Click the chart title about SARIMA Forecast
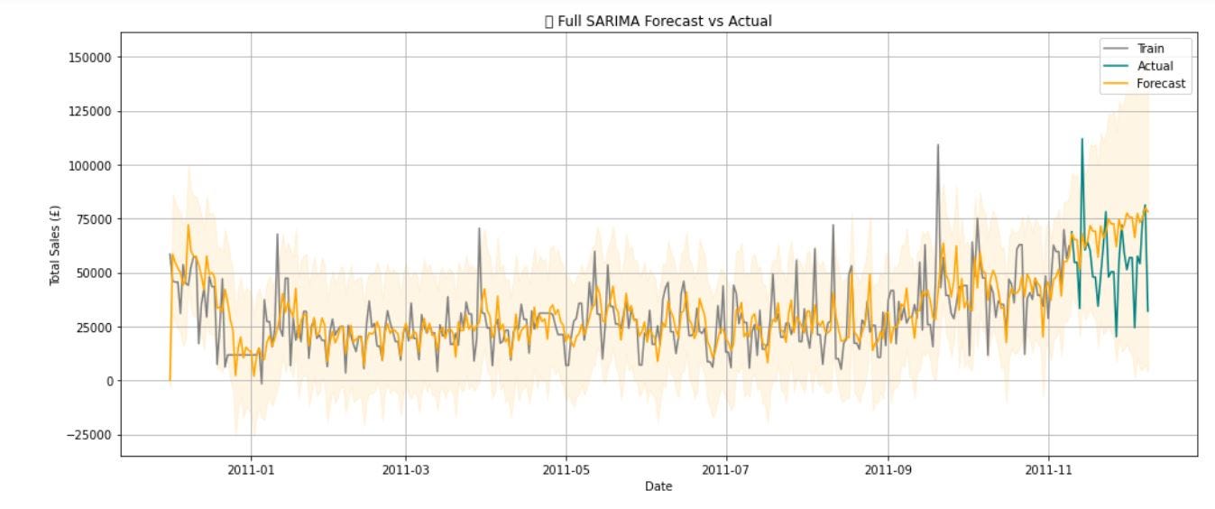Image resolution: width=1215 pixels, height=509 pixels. tap(658, 21)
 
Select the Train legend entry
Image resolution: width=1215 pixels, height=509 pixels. tap(1150, 49)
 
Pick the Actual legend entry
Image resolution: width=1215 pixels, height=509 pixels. tap(1155, 66)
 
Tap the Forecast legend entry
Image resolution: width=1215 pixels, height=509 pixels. tap(1161, 84)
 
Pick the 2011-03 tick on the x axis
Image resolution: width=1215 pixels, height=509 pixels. tap(405, 469)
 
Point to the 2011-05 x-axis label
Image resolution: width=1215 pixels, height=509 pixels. tap(566, 469)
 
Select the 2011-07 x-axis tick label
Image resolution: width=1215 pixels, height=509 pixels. tap(727, 469)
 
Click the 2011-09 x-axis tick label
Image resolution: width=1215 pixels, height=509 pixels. tap(888, 469)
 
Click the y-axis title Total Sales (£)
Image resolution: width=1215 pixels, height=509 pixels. tap(55, 245)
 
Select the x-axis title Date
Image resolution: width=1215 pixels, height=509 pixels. tap(658, 486)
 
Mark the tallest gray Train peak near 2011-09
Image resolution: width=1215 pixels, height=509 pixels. tap(937, 145)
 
